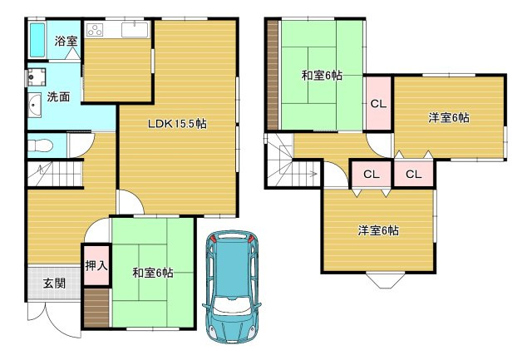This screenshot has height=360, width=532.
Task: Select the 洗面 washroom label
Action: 58,97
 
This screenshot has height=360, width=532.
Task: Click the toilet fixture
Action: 40,146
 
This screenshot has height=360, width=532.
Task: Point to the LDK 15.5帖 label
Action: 177,124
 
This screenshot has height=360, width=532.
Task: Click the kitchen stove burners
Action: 93,31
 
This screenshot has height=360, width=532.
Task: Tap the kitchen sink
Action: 135,31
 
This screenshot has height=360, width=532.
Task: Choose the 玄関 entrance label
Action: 54,284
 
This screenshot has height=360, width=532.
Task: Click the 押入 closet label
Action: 96,266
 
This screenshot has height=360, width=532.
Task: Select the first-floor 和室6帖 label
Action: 152,272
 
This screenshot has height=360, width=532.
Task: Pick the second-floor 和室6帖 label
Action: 322,76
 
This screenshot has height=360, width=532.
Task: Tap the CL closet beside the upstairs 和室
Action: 378,104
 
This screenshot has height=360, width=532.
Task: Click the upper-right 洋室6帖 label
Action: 449,118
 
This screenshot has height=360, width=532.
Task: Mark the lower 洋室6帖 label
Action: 378,230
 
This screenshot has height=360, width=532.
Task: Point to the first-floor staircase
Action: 52,175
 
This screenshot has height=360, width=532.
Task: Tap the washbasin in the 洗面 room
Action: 36,106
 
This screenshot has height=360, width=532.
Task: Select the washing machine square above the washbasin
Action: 37,77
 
